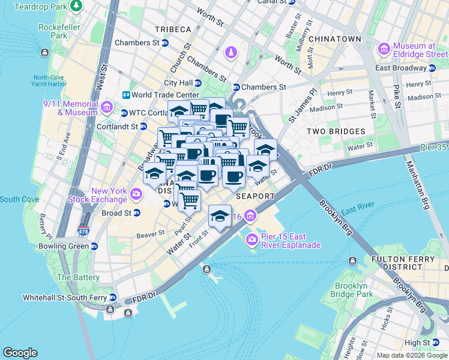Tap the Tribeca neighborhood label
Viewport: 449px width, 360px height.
[x=173, y=29]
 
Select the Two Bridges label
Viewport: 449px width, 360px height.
[x=336, y=131]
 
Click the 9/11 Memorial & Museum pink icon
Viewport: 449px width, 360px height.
[x=107, y=107]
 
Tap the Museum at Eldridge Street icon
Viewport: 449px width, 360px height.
[x=384, y=48]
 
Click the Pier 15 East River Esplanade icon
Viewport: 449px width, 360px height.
[x=251, y=240]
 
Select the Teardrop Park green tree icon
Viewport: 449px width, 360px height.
[x=76, y=6]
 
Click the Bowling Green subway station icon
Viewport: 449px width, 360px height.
[x=94, y=246]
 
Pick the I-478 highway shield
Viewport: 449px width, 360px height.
[x=83, y=230]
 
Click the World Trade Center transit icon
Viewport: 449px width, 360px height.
[x=127, y=95]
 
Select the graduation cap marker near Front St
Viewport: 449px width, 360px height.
[x=220, y=216]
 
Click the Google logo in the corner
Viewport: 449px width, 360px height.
[x=20, y=353]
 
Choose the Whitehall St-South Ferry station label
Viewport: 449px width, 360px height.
[x=65, y=298]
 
